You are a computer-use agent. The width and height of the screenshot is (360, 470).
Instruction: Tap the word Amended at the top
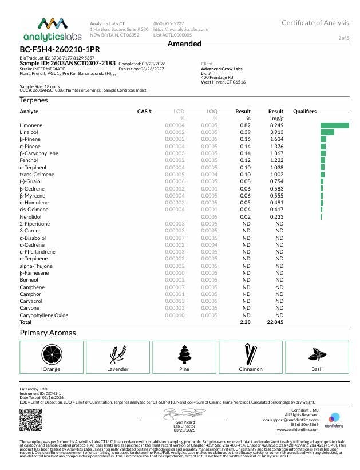click(184, 44)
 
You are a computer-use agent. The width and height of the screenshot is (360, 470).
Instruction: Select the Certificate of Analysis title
click(315, 22)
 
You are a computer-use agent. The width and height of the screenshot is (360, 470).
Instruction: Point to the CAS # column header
click(144, 111)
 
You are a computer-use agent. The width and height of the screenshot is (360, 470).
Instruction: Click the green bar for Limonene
click(334, 125)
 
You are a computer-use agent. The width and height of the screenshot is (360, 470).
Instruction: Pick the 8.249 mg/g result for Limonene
click(276, 125)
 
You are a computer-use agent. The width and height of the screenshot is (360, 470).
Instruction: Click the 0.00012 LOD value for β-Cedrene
click(175, 188)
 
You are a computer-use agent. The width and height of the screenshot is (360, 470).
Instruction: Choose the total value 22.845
click(275, 322)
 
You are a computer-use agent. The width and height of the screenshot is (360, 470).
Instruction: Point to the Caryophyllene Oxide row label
click(44, 315)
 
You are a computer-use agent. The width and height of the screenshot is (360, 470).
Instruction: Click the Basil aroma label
click(317, 369)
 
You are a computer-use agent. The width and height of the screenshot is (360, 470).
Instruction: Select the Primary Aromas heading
click(48, 333)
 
